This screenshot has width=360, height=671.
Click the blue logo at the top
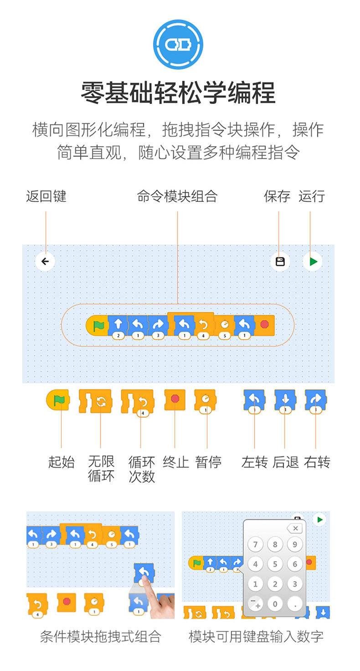coord(178,45)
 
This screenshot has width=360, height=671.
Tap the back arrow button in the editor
coord(45,261)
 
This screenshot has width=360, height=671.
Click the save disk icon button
coord(280,261)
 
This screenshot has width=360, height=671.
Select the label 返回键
coord(46,196)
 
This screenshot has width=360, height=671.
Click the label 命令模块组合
coord(177,196)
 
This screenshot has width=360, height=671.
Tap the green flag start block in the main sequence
coord(97,326)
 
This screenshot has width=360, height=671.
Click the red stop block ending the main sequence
coord(264,325)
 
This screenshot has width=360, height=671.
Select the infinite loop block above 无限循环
coord(96,401)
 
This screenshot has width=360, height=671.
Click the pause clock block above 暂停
coord(205,401)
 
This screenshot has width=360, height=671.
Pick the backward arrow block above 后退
coord(285,401)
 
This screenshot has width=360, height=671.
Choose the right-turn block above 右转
coord(316,401)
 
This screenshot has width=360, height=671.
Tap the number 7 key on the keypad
coord(255,544)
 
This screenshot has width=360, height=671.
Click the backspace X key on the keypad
coord(295,528)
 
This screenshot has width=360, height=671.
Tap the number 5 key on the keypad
coord(275,564)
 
